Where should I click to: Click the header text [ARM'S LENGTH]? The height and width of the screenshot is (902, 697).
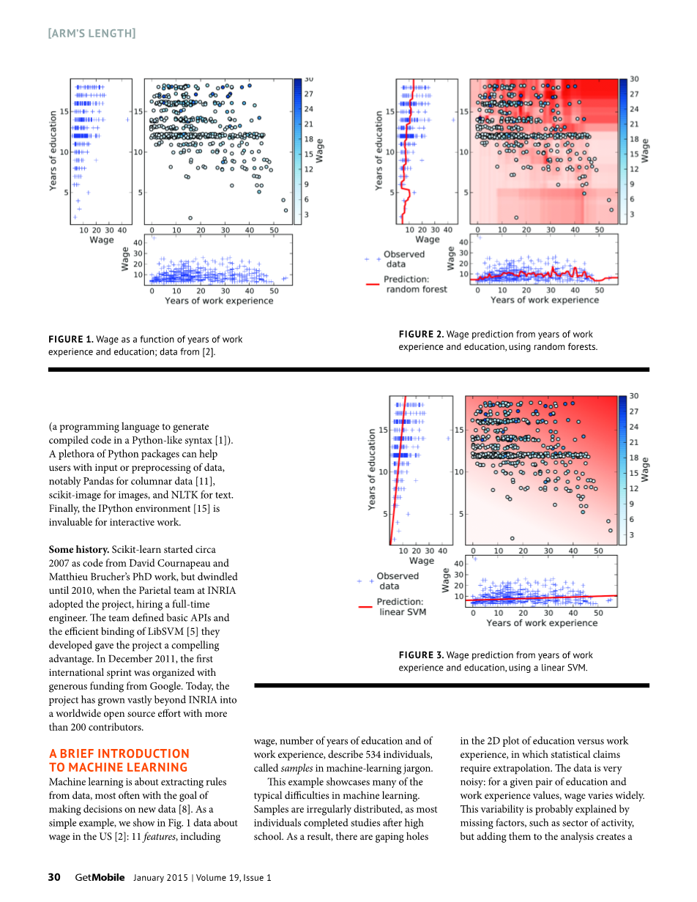(x=92, y=33)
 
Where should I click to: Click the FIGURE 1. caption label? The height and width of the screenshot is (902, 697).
(x=71, y=339)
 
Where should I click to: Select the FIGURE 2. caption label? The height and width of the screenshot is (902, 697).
(x=421, y=335)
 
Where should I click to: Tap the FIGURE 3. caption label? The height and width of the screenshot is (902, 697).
(x=421, y=655)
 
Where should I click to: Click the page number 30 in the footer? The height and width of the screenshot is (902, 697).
(x=54, y=877)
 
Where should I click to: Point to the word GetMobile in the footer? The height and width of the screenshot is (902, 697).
(x=100, y=877)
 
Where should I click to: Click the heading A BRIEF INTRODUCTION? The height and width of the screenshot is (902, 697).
(x=119, y=753)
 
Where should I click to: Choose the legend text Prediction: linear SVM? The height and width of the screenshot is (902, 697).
(x=402, y=607)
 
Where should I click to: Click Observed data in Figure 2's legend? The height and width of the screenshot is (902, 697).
(x=403, y=259)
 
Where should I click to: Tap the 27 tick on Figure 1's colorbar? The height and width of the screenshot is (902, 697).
(x=309, y=94)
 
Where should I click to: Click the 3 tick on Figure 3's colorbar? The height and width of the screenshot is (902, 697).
(x=633, y=535)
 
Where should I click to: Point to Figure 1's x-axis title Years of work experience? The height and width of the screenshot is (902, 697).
(x=219, y=301)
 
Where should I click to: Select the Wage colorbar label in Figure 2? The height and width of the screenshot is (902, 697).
(x=645, y=150)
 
